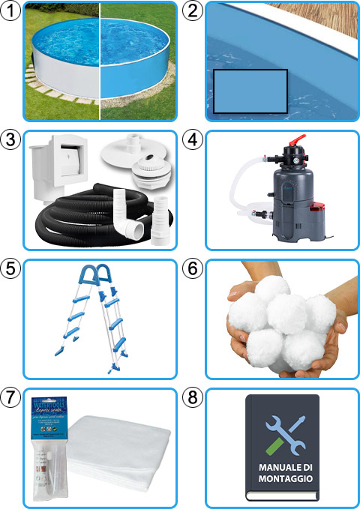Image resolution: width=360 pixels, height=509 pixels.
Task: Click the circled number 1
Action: (x=11, y=10)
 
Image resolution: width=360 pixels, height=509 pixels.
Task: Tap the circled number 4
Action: (x=193, y=139)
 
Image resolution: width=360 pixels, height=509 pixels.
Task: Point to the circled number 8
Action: (x=193, y=397)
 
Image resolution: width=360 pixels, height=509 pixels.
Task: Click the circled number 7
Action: (x=11, y=397)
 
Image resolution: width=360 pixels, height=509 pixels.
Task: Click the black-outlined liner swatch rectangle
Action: (x=250, y=91)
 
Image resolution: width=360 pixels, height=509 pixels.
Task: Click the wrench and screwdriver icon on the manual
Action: (x=281, y=431)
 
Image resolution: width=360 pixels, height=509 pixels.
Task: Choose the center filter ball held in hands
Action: (x=281, y=315)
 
